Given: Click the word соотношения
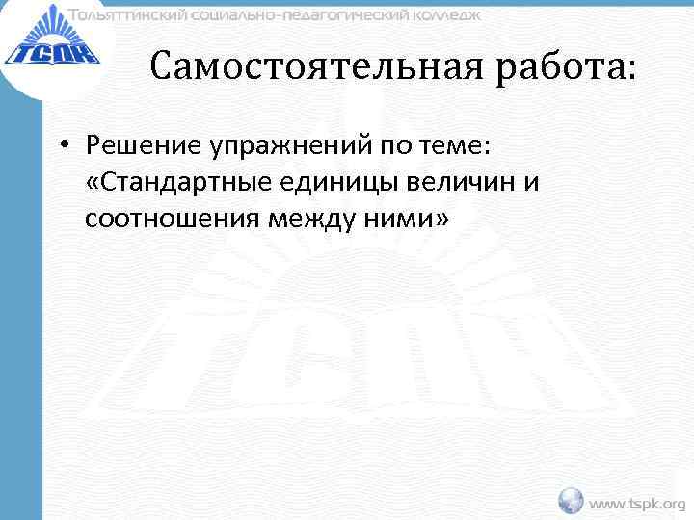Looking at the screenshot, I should click(170, 220).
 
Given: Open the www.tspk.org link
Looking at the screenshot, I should click(637, 503).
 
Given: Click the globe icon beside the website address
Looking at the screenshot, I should click(572, 501).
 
